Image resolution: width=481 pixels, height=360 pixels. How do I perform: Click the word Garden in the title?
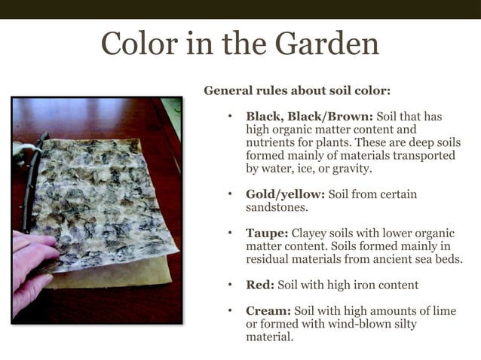pyautogui.click(x=326, y=44)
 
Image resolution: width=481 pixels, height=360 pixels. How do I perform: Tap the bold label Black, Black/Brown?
pyautogui.click(x=309, y=117)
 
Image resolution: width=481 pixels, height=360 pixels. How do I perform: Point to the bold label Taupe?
pyautogui.click(x=267, y=233)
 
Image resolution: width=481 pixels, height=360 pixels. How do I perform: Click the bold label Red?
pyautogui.click(x=260, y=285)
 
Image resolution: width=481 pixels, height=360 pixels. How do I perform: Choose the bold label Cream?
pyautogui.click(x=268, y=311)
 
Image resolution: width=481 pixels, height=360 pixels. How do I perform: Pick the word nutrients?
pyautogui.click(x=272, y=142)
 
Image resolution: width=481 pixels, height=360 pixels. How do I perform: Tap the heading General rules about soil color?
pyautogui.click(x=297, y=91)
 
